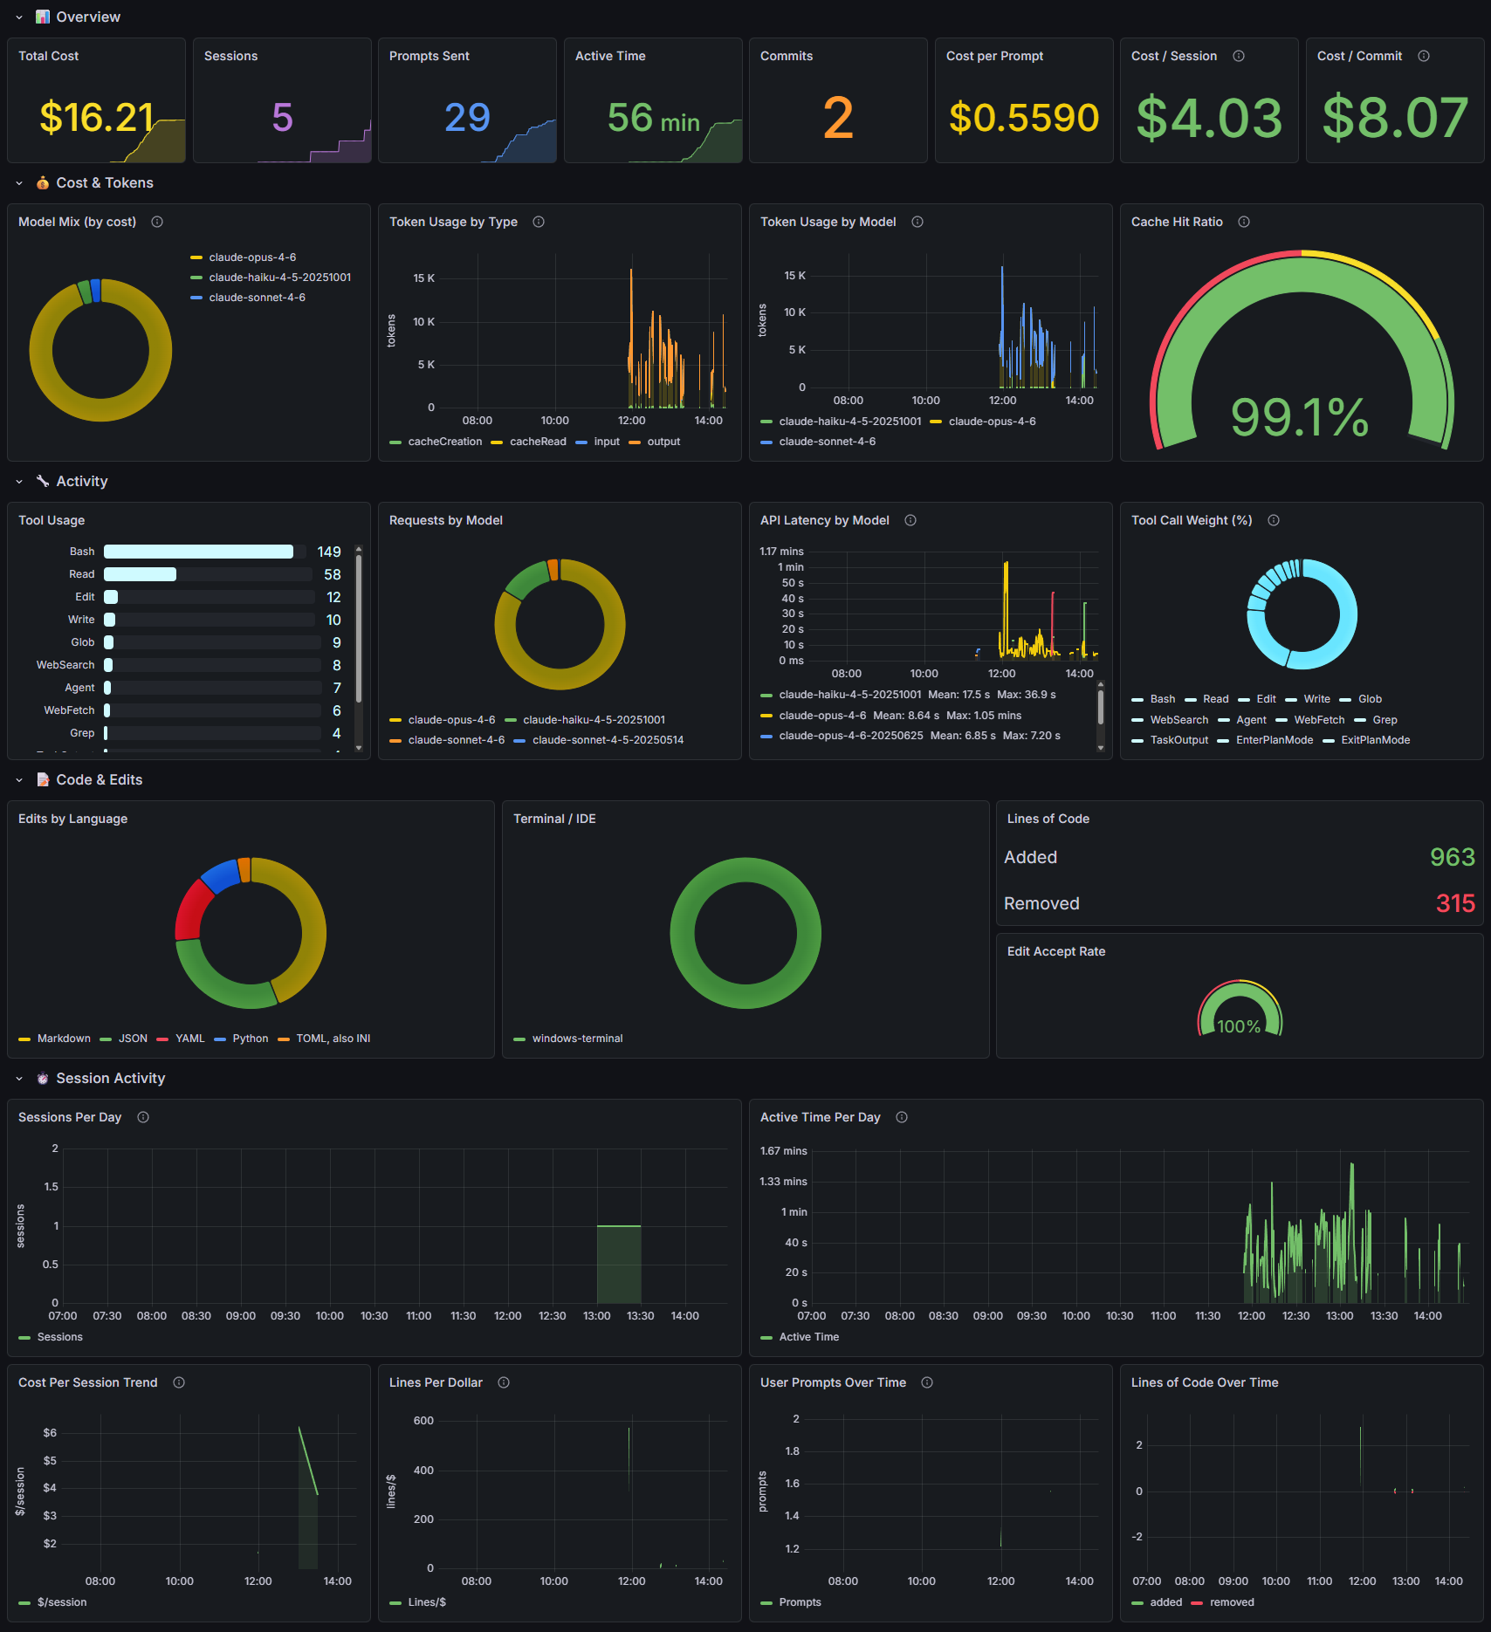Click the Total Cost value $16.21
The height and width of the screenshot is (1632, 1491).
click(97, 117)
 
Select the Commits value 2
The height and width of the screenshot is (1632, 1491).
click(837, 118)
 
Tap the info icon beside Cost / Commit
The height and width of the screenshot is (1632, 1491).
click(1424, 56)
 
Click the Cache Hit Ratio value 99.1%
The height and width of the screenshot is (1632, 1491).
click(1299, 417)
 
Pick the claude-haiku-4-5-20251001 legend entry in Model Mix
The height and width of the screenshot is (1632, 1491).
click(279, 278)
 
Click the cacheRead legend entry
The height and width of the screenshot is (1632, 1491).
click(537, 442)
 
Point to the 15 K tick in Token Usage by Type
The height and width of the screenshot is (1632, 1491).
click(423, 278)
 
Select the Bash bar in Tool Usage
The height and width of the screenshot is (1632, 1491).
click(198, 552)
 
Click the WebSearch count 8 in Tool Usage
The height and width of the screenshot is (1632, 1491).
click(336, 665)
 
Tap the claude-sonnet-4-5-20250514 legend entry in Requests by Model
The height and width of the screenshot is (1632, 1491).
click(608, 740)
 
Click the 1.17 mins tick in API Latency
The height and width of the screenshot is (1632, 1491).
click(781, 552)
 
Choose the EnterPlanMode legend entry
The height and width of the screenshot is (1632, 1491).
click(1274, 740)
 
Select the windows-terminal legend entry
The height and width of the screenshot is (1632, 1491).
click(577, 1039)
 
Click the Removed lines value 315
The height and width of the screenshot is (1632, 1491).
click(1454, 903)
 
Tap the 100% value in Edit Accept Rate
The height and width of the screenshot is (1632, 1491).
click(1239, 1026)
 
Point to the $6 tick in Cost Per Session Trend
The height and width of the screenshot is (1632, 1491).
click(50, 1433)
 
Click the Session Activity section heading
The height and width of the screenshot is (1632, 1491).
click(110, 1079)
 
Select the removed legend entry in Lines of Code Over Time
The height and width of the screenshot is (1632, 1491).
click(1231, 1602)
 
